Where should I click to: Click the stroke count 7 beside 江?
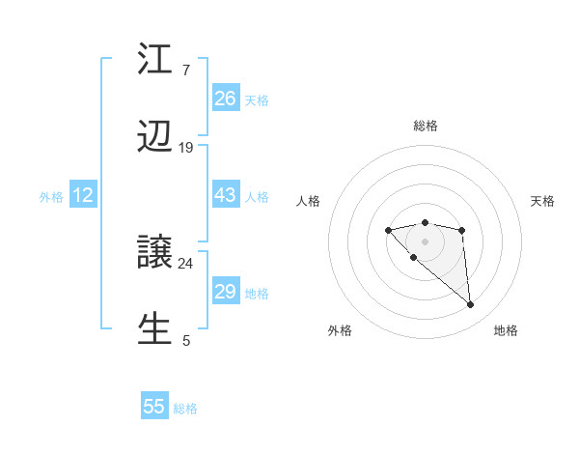(186, 70)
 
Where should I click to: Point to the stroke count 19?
(186, 148)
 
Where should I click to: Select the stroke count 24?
(186, 263)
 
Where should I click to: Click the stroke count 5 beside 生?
(186, 340)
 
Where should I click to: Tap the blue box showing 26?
(226, 98)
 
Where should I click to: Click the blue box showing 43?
(226, 195)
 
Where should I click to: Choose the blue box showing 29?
(226, 292)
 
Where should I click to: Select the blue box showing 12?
(83, 195)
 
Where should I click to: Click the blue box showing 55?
(154, 407)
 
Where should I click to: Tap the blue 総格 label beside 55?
(185, 409)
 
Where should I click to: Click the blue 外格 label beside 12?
(51, 197)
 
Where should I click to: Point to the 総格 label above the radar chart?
(425, 126)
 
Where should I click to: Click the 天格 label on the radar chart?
(542, 201)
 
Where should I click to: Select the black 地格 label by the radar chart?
(506, 330)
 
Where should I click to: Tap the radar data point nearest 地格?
(471, 305)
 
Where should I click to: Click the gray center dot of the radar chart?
(425, 241)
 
